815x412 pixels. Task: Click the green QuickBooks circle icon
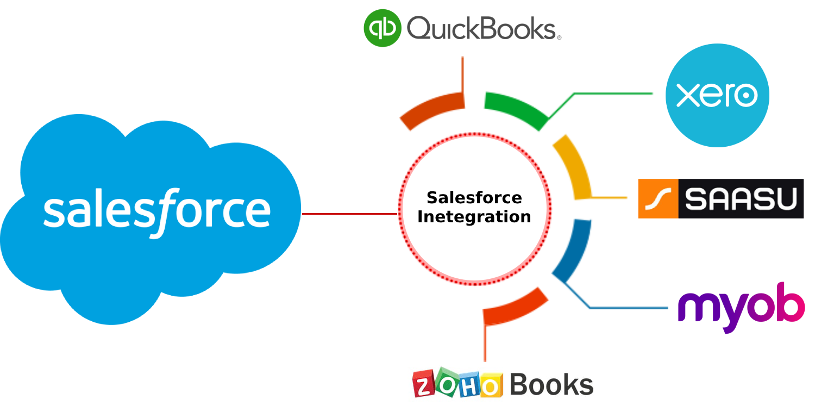(x=383, y=28)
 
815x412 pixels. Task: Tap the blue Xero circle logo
(x=717, y=95)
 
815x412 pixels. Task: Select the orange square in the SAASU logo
(x=658, y=199)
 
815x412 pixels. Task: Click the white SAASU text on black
(x=741, y=199)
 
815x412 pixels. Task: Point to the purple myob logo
(x=741, y=308)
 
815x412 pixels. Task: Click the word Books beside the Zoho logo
(x=551, y=384)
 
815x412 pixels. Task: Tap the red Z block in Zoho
(x=423, y=384)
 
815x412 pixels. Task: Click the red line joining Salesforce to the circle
(x=350, y=214)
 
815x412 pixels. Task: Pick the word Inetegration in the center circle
(x=474, y=217)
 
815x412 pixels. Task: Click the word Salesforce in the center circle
(x=474, y=198)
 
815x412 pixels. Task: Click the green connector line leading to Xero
(x=600, y=94)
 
